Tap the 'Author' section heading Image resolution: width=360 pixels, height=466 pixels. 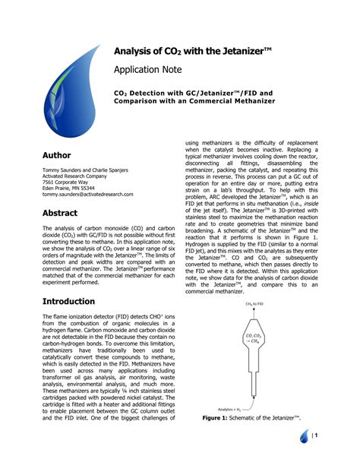tap(57, 155)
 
